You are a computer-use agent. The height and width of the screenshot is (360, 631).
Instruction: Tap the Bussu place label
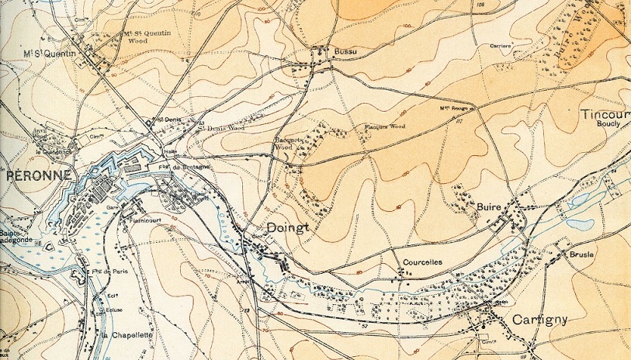pyautogui.click(x=342, y=51)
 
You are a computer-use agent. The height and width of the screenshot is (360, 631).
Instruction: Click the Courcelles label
pyautogui.click(x=422, y=262)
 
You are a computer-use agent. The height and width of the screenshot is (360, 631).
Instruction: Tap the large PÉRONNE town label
pyautogui.click(x=38, y=175)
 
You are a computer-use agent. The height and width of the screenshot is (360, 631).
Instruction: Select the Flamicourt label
pyautogui.click(x=141, y=220)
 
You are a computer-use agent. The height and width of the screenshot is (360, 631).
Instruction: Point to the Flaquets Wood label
pyautogui.click(x=385, y=126)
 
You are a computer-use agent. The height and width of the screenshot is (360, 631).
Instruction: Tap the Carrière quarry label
pyautogui.click(x=500, y=46)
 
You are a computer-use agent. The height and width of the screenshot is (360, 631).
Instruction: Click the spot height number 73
pyautogui.click(x=248, y=310)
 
